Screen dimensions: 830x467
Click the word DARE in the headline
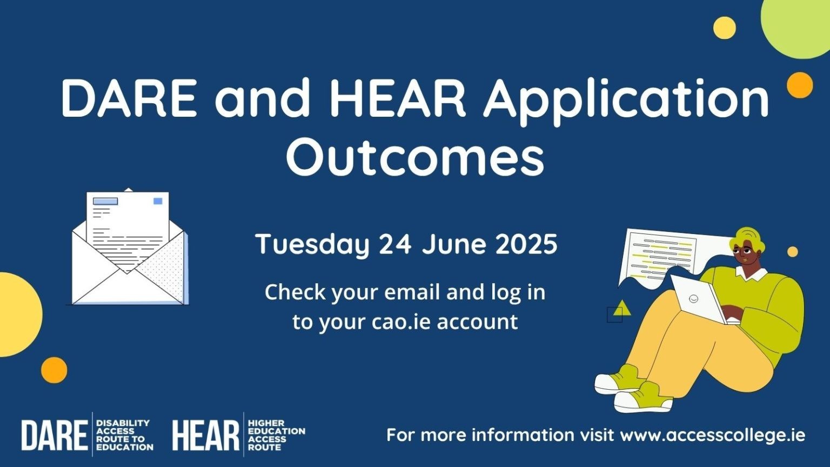point(129,98)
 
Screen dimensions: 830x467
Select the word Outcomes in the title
point(414,157)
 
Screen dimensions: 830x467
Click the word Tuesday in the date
point(313,245)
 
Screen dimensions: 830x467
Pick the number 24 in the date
point(394,244)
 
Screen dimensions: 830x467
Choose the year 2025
point(526,244)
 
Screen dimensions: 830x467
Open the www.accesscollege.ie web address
point(713,435)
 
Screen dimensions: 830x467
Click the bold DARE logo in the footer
point(55,435)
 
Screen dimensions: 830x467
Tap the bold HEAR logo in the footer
point(206,435)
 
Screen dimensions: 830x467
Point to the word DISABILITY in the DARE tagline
point(123,423)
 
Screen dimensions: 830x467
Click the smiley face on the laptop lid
point(693,298)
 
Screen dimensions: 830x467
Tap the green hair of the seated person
point(746,241)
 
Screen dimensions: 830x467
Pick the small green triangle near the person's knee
point(622,308)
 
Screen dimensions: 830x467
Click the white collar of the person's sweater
point(752,273)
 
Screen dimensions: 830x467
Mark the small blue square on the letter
point(158,201)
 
